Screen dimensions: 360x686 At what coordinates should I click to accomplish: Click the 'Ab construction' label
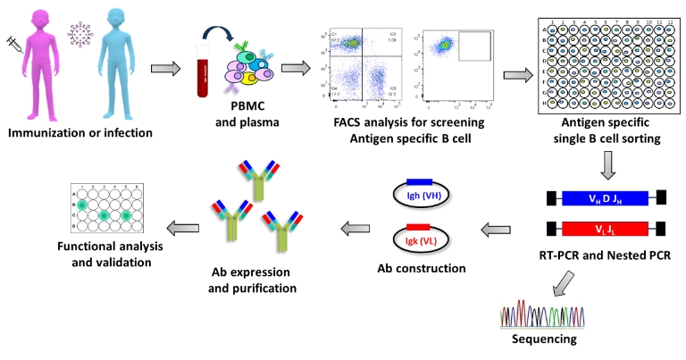pos(420,268)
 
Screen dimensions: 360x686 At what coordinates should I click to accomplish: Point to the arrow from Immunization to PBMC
pos(164,69)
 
